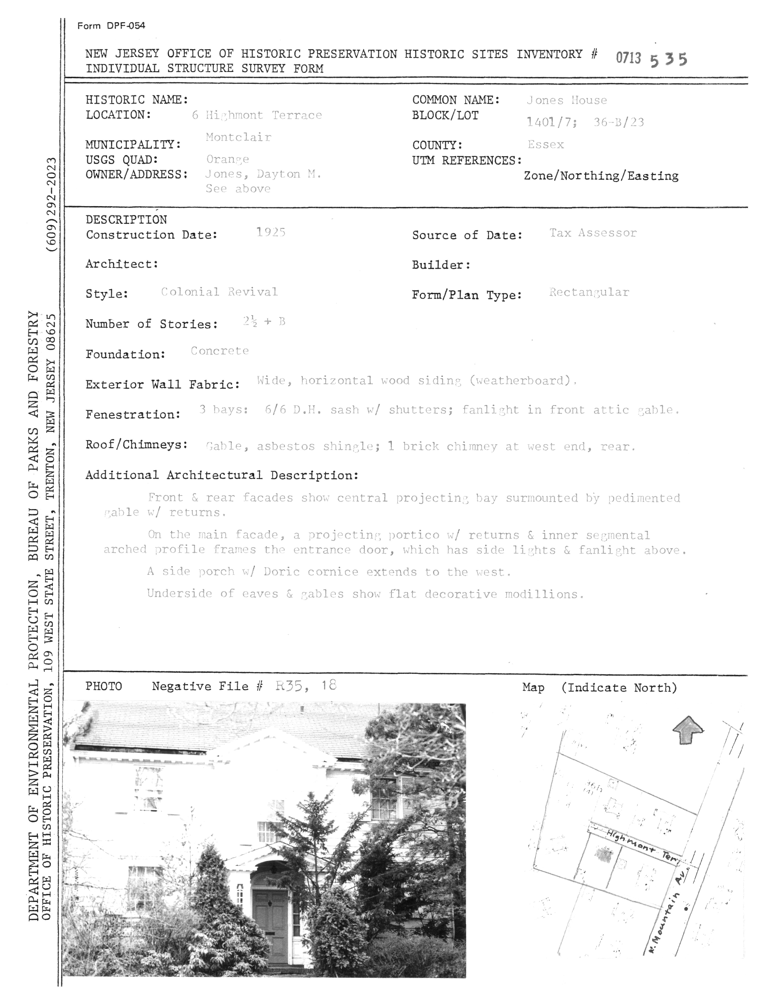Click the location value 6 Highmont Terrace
[x=257, y=115]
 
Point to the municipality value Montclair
[x=238, y=137]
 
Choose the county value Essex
[x=546, y=145]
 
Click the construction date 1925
[x=271, y=233]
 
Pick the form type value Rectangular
[x=589, y=292]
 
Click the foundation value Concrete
[x=220, y=351]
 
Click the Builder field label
[x=441, y=265]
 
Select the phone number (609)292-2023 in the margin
[x=51, y=204]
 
